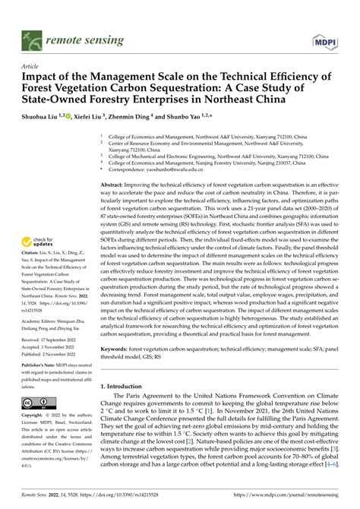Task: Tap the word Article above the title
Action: [34, 66]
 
